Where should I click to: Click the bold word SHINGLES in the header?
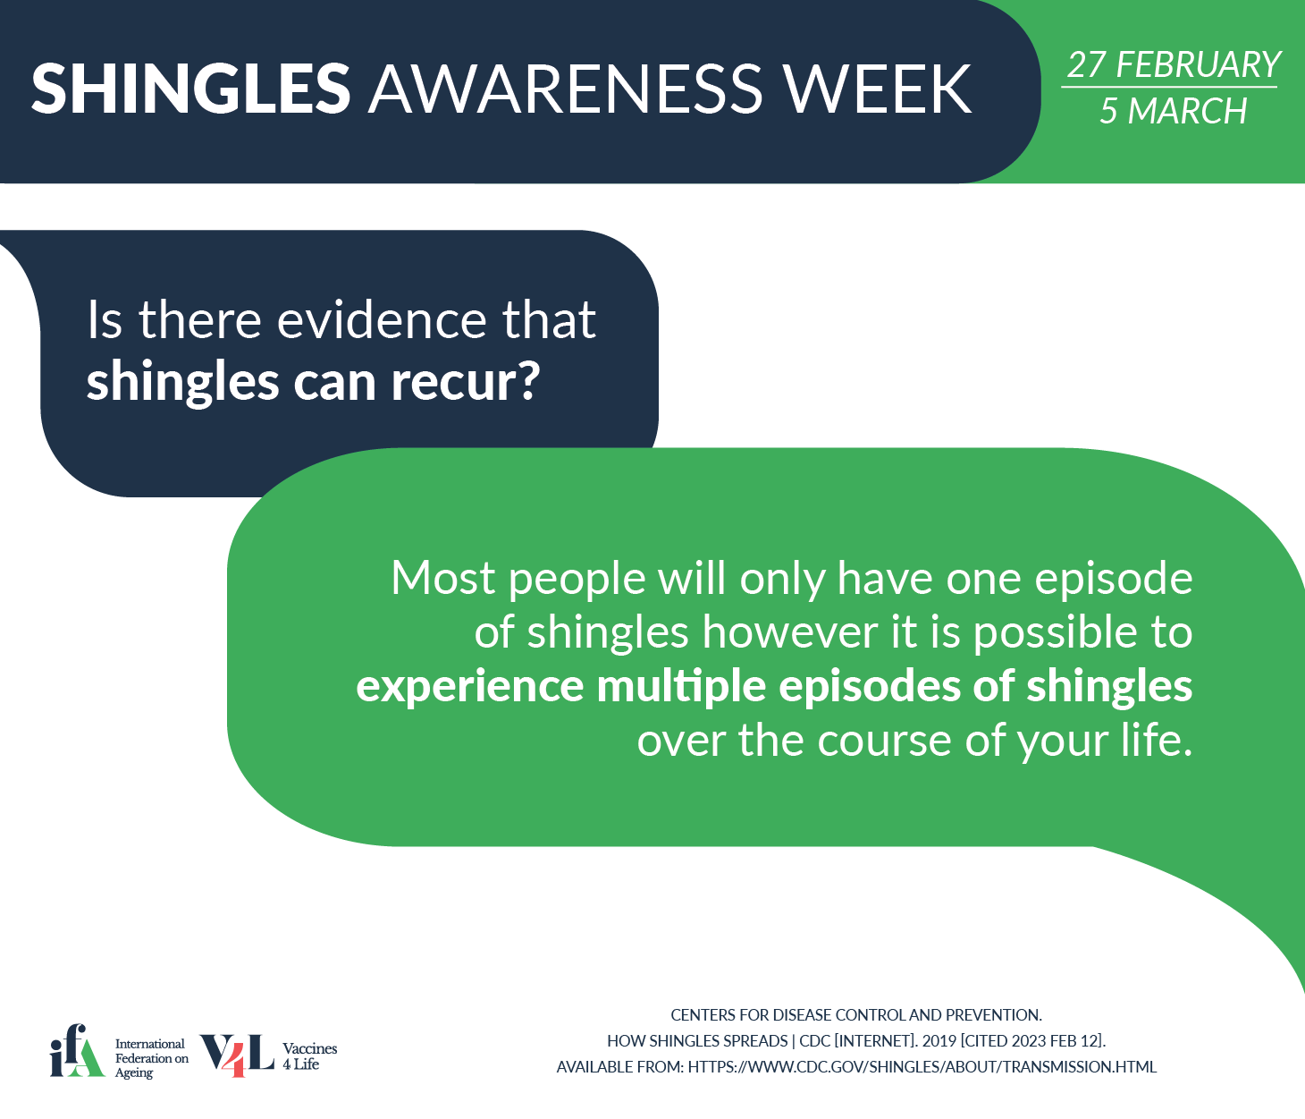[190, 89]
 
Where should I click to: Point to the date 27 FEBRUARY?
[1174, 64]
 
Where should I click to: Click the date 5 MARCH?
[1173, 111]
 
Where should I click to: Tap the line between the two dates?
[1169, 87]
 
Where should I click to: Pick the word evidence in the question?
[382, 319]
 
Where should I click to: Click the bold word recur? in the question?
[466, 382]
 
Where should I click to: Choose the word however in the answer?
[789, 632]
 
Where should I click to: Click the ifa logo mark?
[77, 1049]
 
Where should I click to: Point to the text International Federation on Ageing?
[152, 1057]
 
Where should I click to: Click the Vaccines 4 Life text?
[309, 1056]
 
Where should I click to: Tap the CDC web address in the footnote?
[922, 1067]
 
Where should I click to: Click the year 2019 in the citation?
[939, 1041]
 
